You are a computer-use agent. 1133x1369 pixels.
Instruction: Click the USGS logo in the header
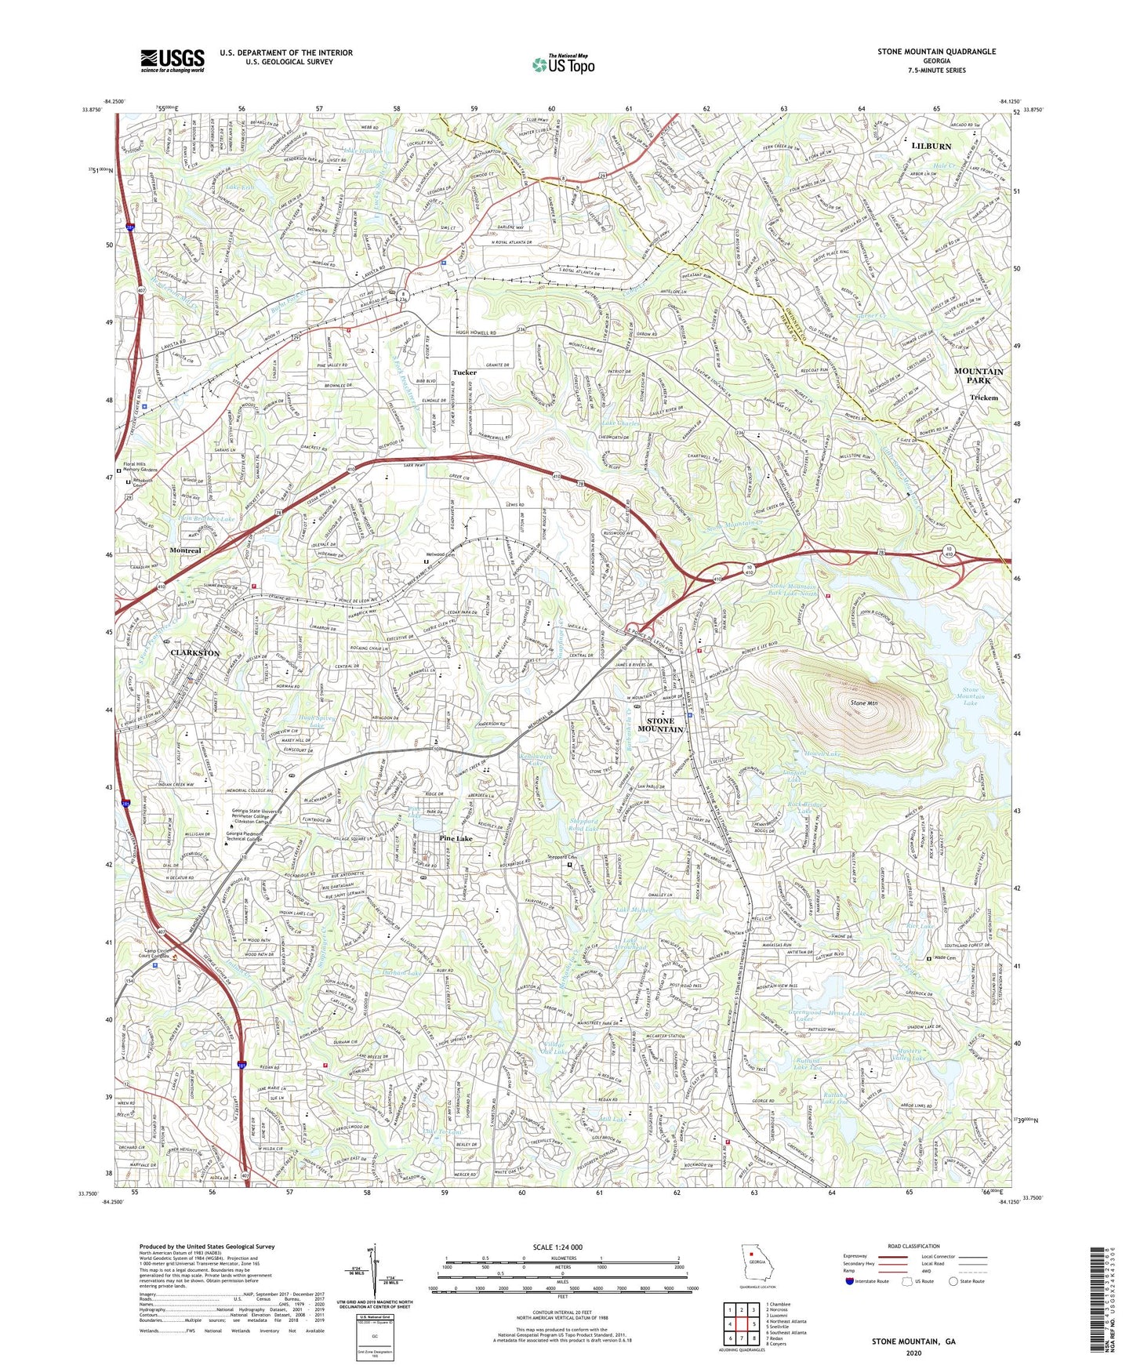[172, 60]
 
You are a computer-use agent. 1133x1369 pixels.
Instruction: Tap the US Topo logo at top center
[562, 64]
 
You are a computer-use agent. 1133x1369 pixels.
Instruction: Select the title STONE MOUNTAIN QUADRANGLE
[936, 52]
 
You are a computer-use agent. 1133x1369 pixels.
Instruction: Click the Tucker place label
[465, 372]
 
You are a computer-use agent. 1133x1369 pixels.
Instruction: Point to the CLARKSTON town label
[195, 652]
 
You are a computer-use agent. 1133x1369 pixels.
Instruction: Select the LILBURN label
[931, 146]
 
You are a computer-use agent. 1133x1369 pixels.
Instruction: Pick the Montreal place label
[185, 550]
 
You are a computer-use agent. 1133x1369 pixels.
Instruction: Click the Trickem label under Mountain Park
[984, 398]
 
